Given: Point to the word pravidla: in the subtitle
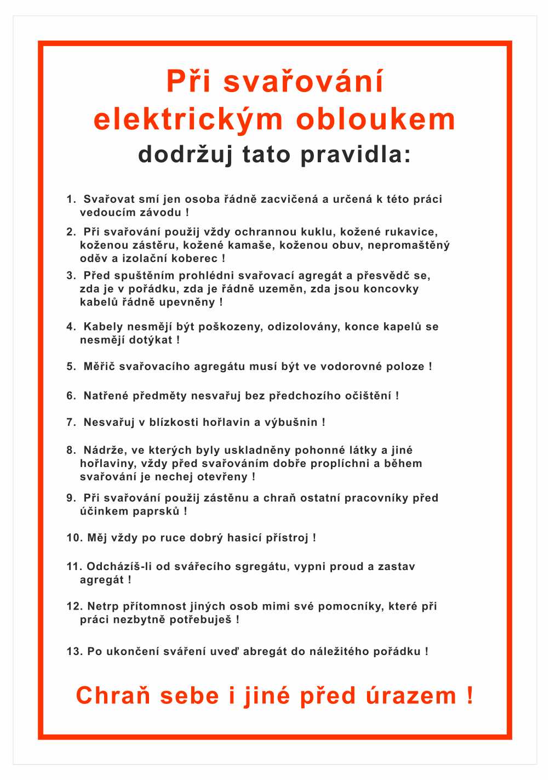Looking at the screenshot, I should (x=356, y=154).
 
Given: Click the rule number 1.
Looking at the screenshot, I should (x=71, y=199).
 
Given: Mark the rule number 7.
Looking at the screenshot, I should (x=71, y=422).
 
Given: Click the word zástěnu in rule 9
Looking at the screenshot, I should (x=226, y=498).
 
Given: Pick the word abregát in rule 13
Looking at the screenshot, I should (x=265, y=651).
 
